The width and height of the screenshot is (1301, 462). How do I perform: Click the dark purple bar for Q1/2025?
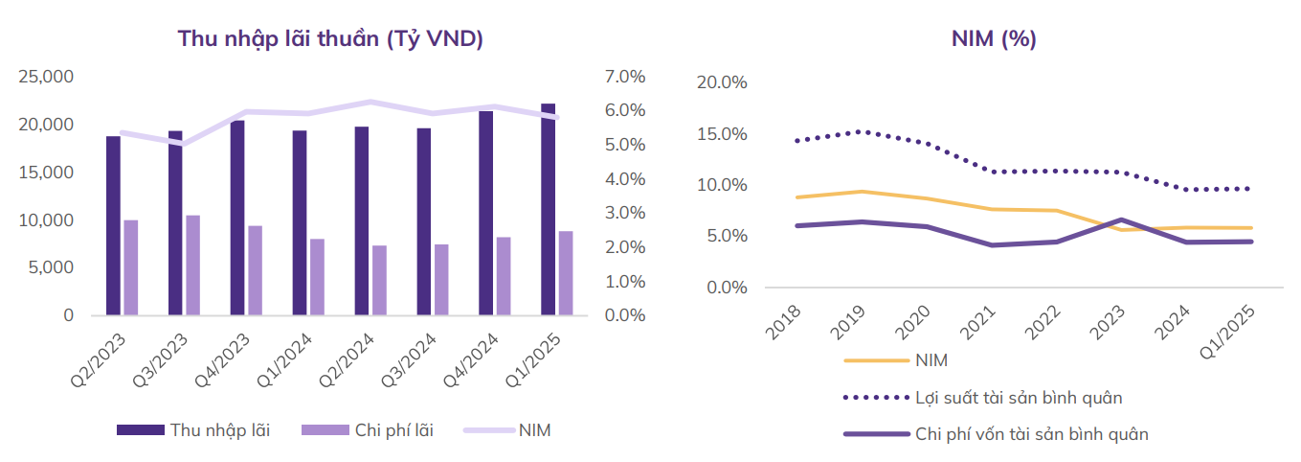[x=548, y=209]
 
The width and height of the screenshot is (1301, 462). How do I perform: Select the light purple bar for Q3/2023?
[x=192, y=266]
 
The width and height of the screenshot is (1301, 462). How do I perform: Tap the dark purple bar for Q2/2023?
[x=113, y=225]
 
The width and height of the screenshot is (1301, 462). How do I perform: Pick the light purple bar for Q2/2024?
[x=379, y=280]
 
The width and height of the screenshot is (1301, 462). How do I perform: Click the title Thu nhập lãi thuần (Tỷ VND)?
[x=330, y=39]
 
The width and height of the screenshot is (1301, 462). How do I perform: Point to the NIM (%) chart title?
[x=994, y=39]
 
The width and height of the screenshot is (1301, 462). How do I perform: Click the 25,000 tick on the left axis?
[x=47, y=77]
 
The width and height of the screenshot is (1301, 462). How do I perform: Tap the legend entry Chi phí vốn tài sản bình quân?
[x=1031, y=434]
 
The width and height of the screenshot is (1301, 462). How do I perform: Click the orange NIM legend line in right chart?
[x=875, y=360]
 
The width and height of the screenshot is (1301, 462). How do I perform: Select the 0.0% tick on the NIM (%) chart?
[x=726, y=288]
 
